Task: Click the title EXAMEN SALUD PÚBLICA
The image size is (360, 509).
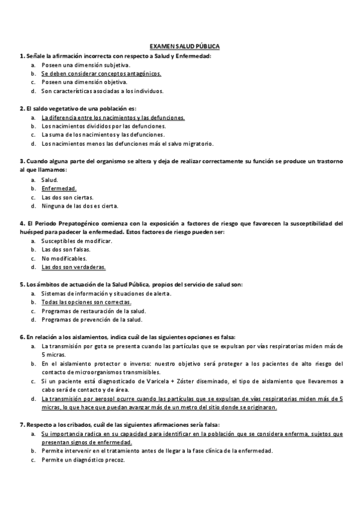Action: tap(184, 46)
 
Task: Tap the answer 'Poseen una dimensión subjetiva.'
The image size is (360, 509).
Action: tap(86, 64)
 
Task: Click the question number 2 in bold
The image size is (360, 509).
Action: tap(22, 109)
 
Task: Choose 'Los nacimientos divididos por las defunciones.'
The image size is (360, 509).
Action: tap(103, 126)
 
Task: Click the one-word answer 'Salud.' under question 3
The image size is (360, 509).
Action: tap(50, 179)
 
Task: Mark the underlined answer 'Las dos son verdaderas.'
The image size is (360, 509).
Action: tap(73, 267)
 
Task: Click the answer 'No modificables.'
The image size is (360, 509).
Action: tap(64, 258)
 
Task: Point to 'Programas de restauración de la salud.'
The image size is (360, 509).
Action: tap(94, 311)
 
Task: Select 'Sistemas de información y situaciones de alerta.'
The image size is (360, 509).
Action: tap(106, 294)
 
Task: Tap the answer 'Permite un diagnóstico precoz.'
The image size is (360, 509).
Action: tap(83, 459)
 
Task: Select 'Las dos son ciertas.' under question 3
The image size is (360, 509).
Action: tap(67, 197)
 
